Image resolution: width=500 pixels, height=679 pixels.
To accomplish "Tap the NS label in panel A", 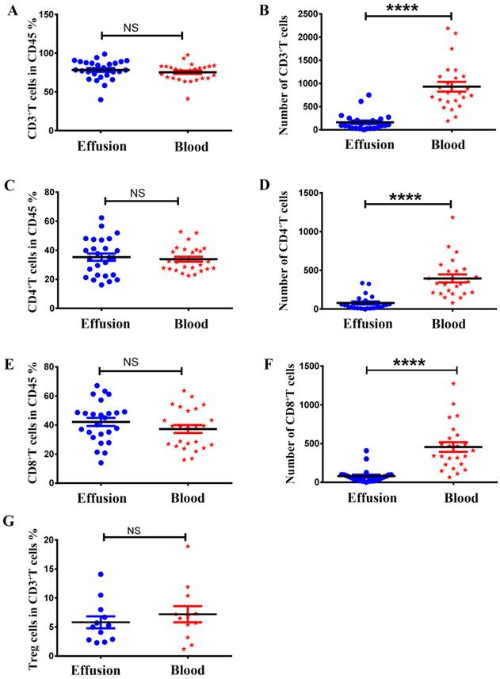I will pos(131,26).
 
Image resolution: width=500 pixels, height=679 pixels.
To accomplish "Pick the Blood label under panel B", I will pos(445,145).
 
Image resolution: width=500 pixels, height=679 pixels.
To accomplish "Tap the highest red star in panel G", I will pos(189,546).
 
